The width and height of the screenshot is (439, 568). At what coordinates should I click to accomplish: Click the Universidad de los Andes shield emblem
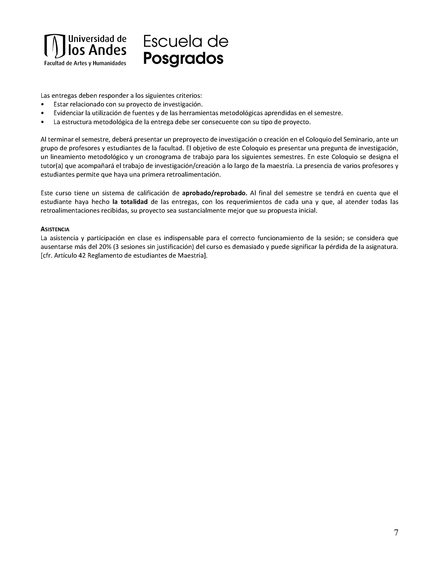tap(55, 46)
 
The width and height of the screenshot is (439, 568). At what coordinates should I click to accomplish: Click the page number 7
tap(396, 532)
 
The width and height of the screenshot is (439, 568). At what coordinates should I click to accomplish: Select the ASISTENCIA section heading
tap(55, 229)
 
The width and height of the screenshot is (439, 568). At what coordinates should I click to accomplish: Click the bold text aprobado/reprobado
tap(214, 193)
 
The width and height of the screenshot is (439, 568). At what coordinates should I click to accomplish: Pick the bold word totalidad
tap(134, 202)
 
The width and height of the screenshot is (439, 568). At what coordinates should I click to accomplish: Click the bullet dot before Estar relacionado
tap(42, 105)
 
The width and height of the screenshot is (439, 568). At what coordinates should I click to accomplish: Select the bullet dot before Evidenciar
tap(42, 113)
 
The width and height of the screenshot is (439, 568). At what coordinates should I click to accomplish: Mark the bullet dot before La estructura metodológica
tap(42, 122)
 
